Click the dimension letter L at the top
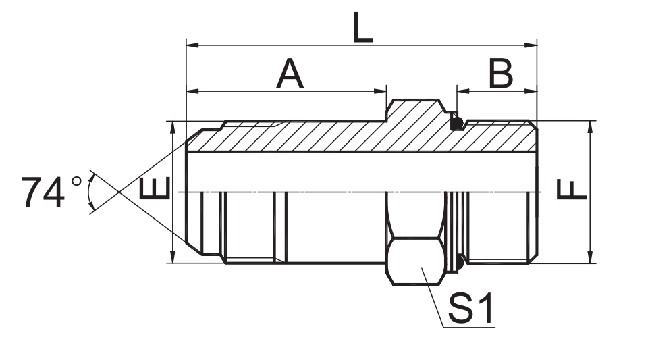[362, 28]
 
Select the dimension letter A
[290, 74]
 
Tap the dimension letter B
[501, 74]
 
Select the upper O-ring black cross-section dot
[457, 124]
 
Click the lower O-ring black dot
[458, 262]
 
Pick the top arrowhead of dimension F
[591, 126]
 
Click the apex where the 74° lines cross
[119, 192]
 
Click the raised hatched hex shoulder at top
[415, 111]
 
